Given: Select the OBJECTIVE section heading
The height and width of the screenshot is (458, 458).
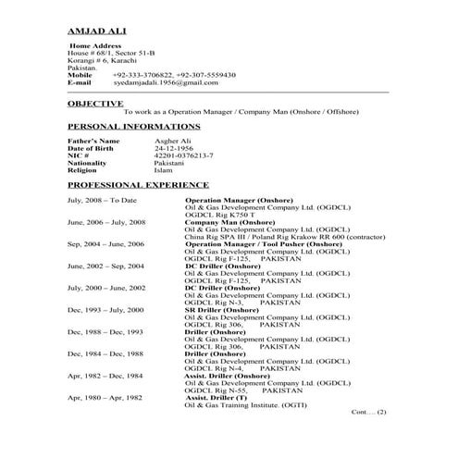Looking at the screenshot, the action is click(95, 104).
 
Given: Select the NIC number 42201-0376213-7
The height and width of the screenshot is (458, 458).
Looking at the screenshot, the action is click(183, 156).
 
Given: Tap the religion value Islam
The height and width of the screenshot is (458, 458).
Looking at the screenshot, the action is click(163, 170).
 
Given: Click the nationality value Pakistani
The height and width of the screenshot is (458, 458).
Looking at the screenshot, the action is click(169, 164).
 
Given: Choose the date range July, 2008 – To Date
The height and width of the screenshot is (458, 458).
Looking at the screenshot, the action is click(102, 200).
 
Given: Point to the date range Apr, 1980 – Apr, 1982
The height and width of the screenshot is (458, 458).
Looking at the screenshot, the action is click(105, 370).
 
